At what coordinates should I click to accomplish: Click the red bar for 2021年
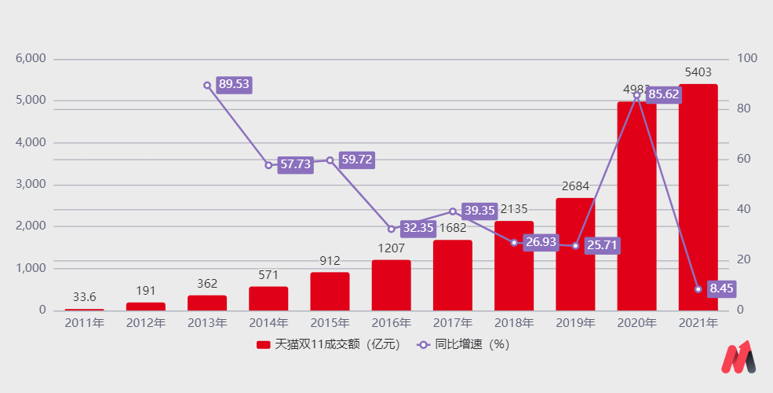coord(698,196)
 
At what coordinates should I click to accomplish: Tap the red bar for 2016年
coord(391,285)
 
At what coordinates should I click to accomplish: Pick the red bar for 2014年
coord(268,298)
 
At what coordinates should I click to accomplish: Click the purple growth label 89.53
coord(234,85)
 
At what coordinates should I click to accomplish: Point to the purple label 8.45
coord(721,288)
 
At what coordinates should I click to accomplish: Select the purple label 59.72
coord(356,160)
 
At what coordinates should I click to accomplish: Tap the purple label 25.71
coord(602,245)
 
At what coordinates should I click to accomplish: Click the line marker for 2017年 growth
coord(453,211)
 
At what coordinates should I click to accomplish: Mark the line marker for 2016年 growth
coord(392,229)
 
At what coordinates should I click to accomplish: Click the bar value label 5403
coord(698,72)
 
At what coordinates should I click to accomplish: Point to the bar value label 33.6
coord(84,297)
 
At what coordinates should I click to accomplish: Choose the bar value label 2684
coord(575,186)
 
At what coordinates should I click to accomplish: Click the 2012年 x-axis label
coord(146,323)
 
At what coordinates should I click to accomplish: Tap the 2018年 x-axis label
coord(514,323)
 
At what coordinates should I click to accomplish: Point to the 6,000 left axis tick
coord(31,59)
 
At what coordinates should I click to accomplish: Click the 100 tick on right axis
coord(747,59)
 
